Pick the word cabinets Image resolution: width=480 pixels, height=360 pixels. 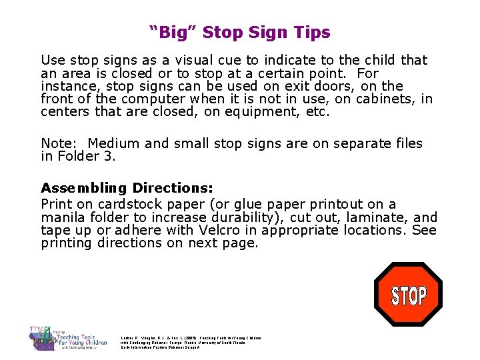coord(389,99)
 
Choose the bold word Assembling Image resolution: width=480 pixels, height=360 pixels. coord(84,188)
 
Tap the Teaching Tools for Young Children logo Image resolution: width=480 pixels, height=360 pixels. coord(64,338)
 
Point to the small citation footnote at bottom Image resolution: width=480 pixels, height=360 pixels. coord(191,343)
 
